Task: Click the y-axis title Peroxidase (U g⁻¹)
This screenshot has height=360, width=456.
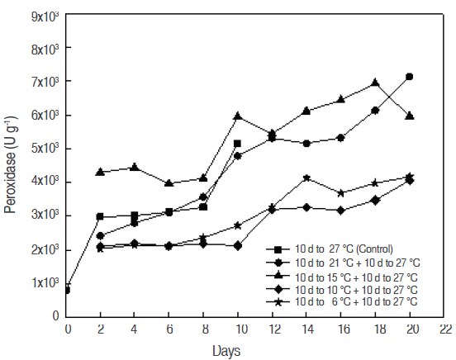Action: pyautogui.click(x=11, y=165)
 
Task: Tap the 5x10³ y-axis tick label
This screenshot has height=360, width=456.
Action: pyautogui.click(x=45, y=149)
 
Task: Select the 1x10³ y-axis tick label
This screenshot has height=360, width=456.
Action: pyautogui.click(x=45, y=282)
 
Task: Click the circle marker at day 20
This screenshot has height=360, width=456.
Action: pyautogui.click(x=409, y=77)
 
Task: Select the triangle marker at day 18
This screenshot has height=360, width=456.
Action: pyautogui.click(x=375, y=83)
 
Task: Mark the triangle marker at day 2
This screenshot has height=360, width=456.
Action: pyautogui.click(x=101, y=172)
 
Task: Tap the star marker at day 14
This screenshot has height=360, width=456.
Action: pyautogui.click(x=306, y=178)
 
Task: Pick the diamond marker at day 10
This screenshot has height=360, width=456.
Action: pyautogui.click(x=237, y=245)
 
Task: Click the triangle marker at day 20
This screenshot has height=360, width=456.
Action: pyautogui.click(x=409, y=116)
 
